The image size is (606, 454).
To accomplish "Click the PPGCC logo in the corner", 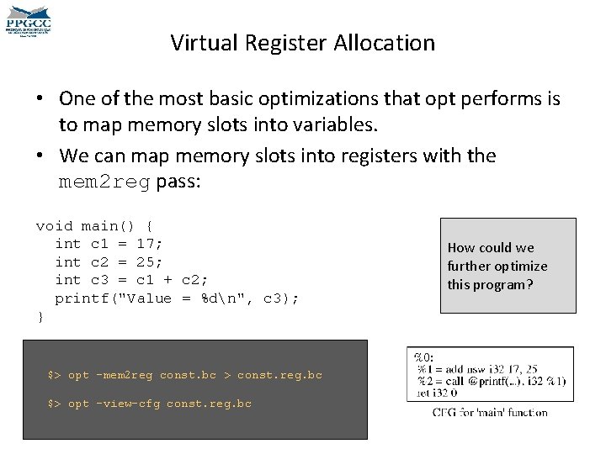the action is point(29,19).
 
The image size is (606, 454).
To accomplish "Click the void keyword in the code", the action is point(54,225).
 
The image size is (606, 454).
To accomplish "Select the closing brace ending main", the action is point(40,317).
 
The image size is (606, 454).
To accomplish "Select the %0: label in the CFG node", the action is point(424,356).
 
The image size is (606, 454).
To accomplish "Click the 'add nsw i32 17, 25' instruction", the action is point(478,368).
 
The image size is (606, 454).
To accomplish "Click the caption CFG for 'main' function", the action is point(489,412).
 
